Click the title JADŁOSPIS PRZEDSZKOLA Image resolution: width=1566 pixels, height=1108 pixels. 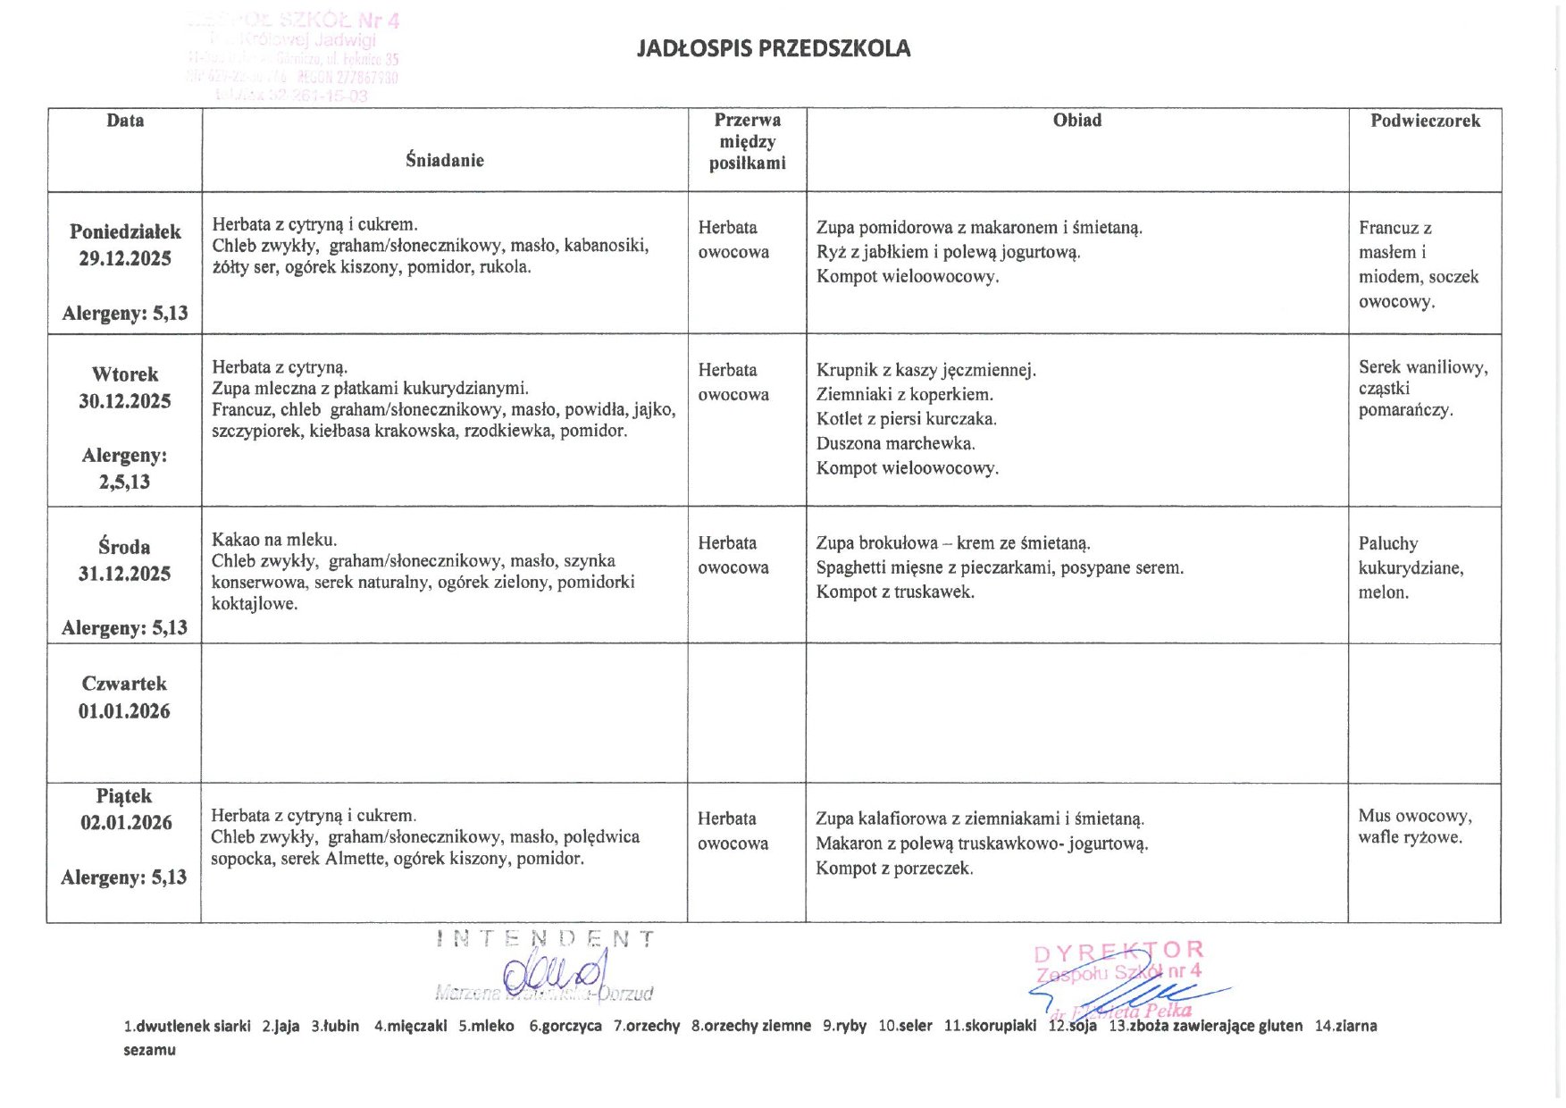point(773,48)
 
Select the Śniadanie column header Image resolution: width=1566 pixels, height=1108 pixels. point(444,160)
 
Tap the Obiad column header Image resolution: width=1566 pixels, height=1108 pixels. point(1076,121)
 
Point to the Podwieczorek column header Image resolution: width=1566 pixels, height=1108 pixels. point(1425,121)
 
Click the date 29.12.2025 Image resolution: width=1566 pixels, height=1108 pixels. point(125,259)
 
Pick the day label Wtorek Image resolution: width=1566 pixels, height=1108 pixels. point(125,374)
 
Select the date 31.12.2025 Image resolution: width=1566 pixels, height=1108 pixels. point(124,574)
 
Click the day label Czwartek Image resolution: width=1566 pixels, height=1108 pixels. point(124,684)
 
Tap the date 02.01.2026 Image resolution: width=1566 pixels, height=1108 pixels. point(126,822)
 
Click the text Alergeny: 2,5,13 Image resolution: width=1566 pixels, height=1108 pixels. point(124,468)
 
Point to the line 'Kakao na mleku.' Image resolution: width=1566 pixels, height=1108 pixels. point(273,540)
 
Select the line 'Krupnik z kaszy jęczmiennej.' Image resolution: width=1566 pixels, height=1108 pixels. point(925,370)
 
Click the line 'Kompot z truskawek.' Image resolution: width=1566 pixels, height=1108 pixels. point(894,592)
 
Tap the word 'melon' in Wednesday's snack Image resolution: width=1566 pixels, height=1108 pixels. point(1383,592)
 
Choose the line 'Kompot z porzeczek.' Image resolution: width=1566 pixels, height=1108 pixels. point(894,868)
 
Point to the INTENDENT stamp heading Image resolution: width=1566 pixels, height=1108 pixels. point(546,939)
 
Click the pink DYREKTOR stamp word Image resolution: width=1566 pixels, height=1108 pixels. point(1118,951)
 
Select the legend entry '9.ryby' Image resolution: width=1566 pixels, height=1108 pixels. point(844,1026)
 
